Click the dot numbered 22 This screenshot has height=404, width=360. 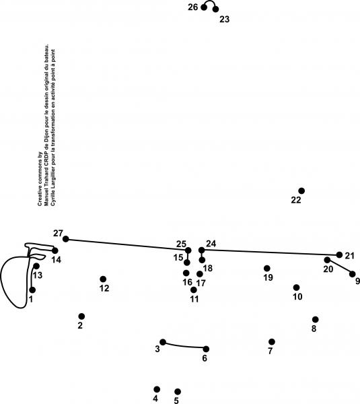point(301,191)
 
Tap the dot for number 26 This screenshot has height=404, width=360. point(204,7)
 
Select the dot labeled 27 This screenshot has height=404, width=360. point(66,239)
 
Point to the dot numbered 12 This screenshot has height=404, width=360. point(103,279)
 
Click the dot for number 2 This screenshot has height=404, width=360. point(81,316)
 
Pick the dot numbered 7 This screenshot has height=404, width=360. point(272,341)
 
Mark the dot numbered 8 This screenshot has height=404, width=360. point(315,319)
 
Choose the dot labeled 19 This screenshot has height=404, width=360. point(267,269)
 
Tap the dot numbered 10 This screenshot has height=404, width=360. point(296,288)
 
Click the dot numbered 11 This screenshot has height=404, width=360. point(194,290)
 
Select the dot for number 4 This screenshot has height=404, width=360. point(157,389)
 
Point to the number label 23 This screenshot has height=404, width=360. point(224,19)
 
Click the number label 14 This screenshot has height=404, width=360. point(56,260)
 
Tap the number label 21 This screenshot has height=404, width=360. point(350,256)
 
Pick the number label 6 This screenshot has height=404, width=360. point(205,358)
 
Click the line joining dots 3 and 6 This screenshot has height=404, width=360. point(184,346)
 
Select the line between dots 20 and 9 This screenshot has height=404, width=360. point(340,267)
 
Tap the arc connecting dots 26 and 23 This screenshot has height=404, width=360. point(210,1)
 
